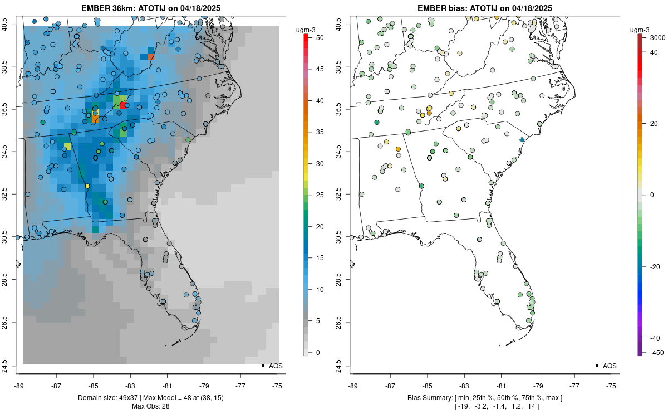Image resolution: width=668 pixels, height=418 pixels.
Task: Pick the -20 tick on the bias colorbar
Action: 652,266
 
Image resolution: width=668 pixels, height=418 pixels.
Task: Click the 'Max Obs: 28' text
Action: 150,406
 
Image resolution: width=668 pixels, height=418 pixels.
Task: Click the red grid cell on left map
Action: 122,105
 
